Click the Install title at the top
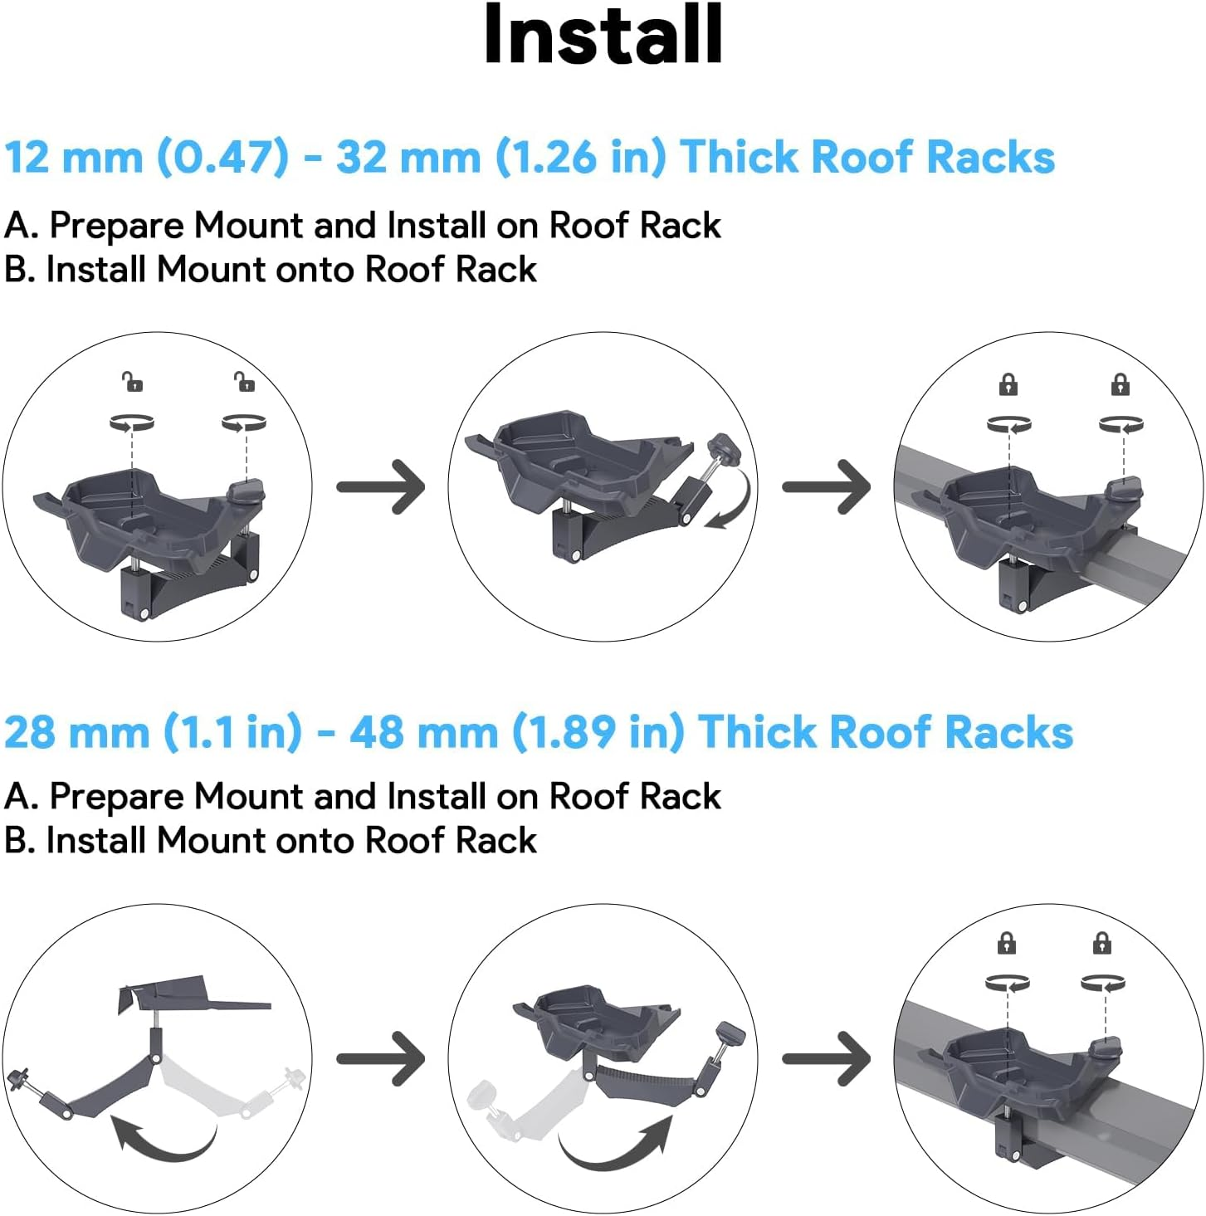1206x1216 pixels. pos(603,35)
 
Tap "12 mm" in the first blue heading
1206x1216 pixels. pos(73,157)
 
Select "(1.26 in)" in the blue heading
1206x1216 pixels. pos(580,157)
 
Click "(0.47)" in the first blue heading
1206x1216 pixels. pos(223,157)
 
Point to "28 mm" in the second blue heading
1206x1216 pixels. pos(76,732)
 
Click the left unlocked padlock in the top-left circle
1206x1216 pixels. pos(133,382)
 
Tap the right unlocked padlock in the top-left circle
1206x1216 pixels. pos(245,382)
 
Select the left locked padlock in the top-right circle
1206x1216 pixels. pos(1008,384)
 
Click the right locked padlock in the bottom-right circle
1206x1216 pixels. pos(1101,943)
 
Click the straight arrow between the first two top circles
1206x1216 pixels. pos(381,486)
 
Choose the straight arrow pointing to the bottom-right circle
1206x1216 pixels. pos(827,1058)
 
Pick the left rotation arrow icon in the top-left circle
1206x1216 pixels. pos(132,423)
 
